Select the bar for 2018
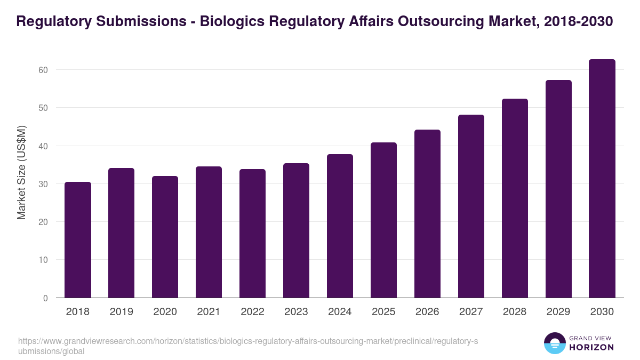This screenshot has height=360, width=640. click(x=78, y=240)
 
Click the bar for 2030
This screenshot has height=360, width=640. click(x=602, y=179)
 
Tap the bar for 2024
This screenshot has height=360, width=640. click(x=340, y=226)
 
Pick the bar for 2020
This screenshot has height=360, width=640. click(x=165, y=237)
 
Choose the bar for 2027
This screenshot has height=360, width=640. click(x=471, y=206)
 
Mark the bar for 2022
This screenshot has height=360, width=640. click(x=252, y=234)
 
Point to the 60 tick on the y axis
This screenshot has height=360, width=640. click(x=43, y=70)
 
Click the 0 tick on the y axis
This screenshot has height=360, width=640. click(x=45, y=298)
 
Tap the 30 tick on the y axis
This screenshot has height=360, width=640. click(x=43, y=184)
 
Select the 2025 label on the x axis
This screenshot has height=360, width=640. click(x=383, y=312)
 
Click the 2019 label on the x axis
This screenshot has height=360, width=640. click(x=121, y=312)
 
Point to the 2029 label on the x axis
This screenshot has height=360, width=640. click(x=558, y=312)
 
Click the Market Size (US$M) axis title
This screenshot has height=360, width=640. click(x=21, y=173)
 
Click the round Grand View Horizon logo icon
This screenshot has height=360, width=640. click(x=554, y=343)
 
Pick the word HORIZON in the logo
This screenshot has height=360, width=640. click(x=591, y=347)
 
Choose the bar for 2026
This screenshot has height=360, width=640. click(x=427, y=214)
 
